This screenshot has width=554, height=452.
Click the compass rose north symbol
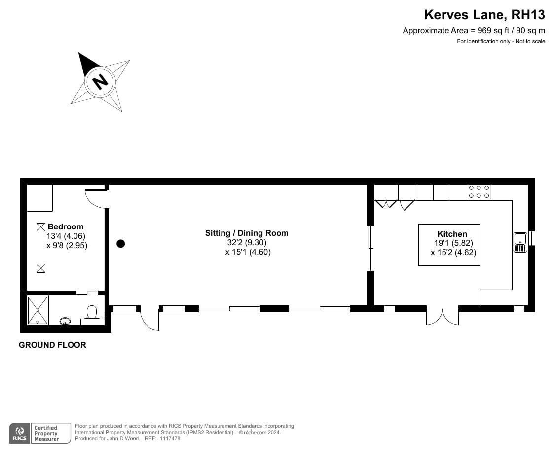101,80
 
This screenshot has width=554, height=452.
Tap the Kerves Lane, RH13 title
485,15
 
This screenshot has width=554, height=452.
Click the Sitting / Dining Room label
247,233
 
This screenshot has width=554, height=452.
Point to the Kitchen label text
452,234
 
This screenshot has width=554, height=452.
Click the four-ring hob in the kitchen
479,191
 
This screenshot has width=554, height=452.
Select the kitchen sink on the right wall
520,242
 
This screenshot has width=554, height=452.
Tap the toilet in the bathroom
92,312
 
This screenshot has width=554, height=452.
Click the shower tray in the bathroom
37,309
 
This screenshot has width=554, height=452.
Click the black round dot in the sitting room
120,243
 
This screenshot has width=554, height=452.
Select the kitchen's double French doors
443,317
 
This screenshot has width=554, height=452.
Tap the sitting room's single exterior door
149,319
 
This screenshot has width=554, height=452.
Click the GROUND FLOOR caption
52,345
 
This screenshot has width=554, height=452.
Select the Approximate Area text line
474,30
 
